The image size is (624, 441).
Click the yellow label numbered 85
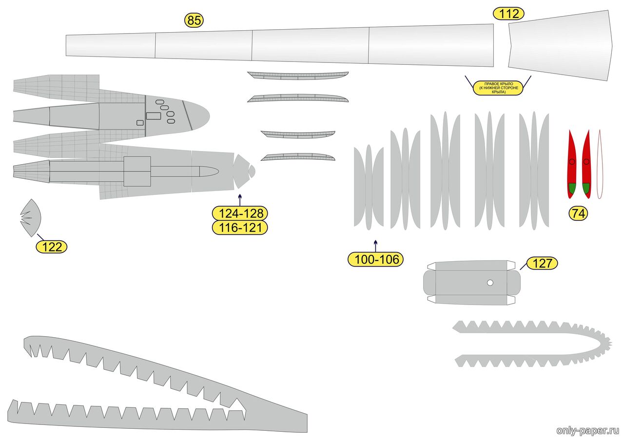[194, 20]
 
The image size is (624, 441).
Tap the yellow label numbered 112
[508, 14]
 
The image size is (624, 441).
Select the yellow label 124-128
[240, 213]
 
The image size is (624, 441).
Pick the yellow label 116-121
[240, 228]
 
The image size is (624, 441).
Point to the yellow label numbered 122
[52, 247]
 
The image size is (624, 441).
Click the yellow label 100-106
[375, 259]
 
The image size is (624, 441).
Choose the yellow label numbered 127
[542, 263]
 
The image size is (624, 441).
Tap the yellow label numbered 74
[578, 213]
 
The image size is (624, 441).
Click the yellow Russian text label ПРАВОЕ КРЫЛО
[498, 88]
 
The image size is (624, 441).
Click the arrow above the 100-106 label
[375, 246]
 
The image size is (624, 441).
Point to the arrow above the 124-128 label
[240, 200]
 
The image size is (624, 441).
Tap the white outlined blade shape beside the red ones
[600, 164]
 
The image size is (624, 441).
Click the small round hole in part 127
[490, 283]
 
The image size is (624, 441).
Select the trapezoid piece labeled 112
[560, 45]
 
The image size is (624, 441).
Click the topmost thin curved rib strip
[298, 76]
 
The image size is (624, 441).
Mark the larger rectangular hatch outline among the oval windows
[153, 116]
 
